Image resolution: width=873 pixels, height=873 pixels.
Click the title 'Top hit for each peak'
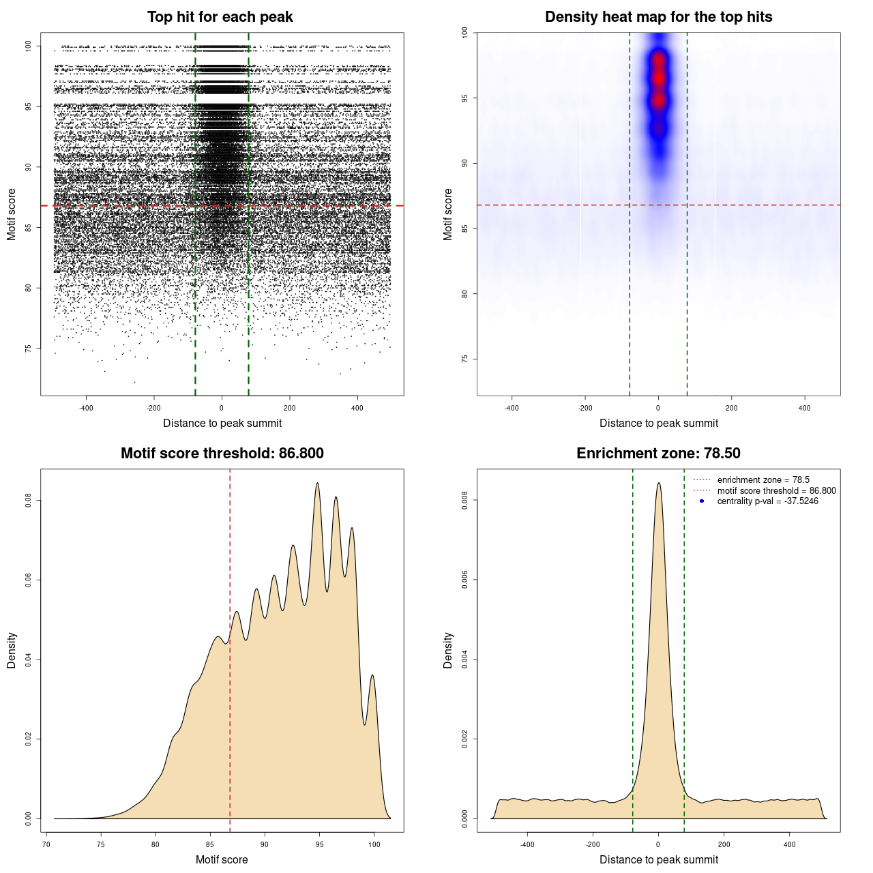220,17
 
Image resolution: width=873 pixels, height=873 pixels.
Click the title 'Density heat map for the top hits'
658,17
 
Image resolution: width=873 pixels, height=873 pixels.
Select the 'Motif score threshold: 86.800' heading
222,454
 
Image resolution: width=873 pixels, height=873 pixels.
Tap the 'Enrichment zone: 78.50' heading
658,454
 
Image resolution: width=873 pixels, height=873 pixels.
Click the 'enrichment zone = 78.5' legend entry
763,480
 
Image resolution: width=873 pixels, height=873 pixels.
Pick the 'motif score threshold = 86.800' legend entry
776,490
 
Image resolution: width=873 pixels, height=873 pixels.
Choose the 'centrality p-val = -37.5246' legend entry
767,501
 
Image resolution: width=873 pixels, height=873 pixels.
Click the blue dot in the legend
702,501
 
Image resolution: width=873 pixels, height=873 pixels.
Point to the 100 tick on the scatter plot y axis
29,46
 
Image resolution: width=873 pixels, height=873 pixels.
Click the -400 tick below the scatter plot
86,409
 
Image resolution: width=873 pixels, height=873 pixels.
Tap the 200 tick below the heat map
732,409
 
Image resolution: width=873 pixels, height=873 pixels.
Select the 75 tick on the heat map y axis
465,359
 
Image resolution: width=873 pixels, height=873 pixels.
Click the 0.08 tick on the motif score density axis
29,501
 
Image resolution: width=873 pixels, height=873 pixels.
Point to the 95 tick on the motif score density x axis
319,844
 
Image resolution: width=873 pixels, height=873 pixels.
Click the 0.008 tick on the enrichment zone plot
465,501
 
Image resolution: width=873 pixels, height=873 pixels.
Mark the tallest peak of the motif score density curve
317,483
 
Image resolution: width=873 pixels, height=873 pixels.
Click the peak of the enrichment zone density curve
658,483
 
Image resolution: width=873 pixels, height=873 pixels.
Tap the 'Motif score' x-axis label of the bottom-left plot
222,859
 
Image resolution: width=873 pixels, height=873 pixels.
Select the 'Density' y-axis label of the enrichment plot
448,650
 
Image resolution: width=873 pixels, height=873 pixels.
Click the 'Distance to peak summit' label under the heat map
658,423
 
